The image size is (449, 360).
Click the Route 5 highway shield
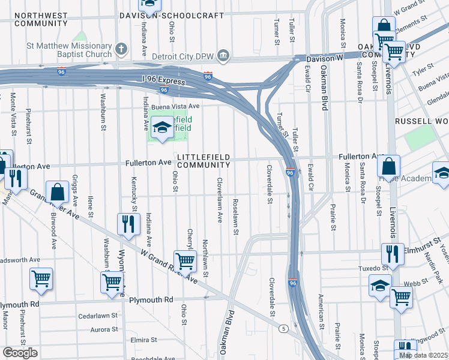point(282,328)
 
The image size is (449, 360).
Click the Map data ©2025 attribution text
point(423,355)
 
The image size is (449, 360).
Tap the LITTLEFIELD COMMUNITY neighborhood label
point(203,161)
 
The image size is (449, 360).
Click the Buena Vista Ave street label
point(175,106)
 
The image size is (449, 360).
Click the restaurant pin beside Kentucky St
point(128,224)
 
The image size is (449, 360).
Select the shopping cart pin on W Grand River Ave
point(185,260)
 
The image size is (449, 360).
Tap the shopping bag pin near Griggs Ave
point(58,192)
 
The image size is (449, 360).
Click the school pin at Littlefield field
point(161,128)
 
